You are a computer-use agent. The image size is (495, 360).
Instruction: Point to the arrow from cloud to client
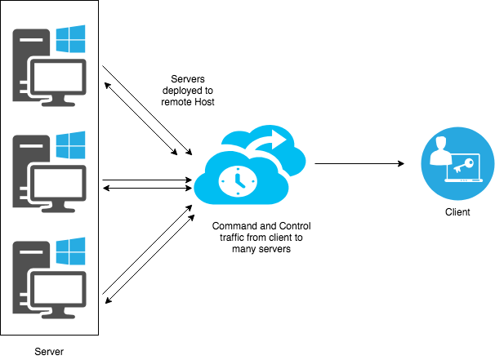pos(359,164)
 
